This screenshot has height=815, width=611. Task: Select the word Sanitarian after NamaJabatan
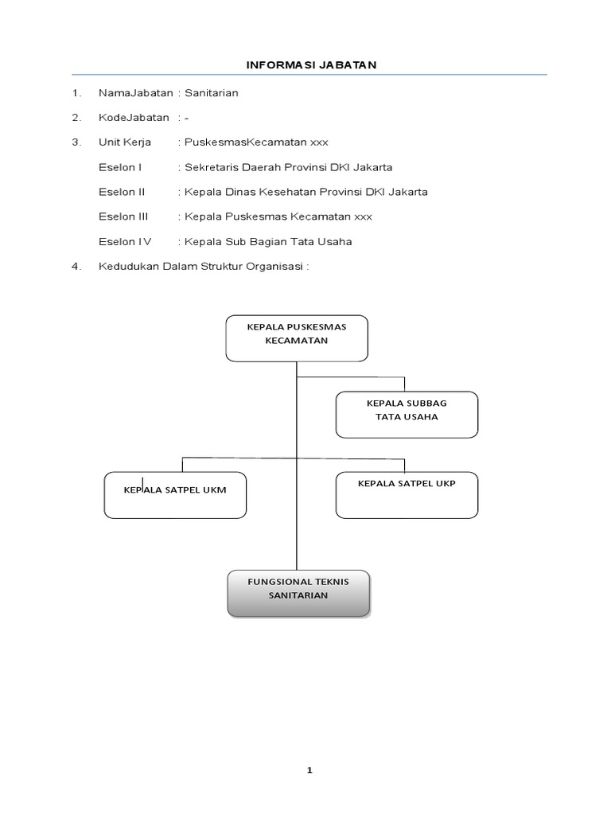coord(212,93)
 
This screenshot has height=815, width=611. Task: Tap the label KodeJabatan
coord(134,118)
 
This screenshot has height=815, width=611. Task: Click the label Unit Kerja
coord(125,142)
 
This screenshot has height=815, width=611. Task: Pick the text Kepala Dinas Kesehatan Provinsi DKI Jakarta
coord(305,192)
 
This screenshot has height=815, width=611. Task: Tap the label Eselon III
coord(124,216)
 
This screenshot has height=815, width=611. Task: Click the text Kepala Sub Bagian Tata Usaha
coord(268,241)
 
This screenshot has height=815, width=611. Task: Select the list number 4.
coord(76,267)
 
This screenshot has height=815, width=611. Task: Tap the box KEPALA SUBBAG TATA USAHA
coord(407,414)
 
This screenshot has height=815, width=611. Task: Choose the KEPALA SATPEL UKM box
coord(175,494)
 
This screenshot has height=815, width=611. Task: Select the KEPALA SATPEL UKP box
coord(407,493)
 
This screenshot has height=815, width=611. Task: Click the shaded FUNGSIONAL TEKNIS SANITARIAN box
coord(298,592)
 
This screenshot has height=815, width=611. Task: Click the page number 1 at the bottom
coord(310,770)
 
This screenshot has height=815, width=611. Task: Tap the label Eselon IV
coord(124,241)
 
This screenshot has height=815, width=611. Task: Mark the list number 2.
coord(76,118)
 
